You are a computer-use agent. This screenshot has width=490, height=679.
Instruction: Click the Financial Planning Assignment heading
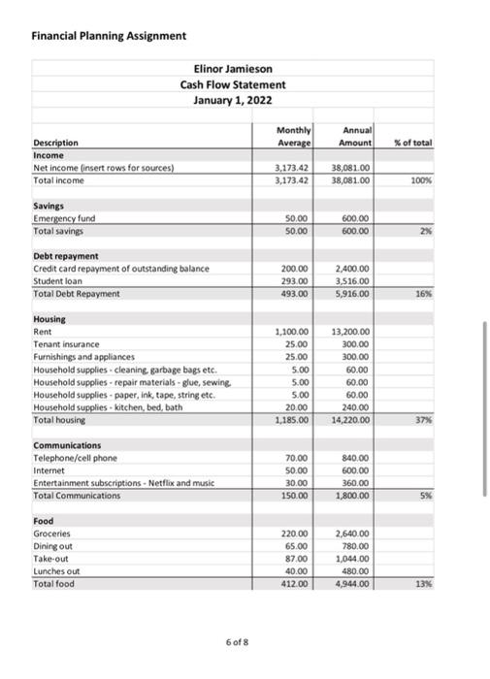pyautogui.click(x=109, y=35)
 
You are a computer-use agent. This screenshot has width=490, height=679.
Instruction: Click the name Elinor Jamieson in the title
pyautogui.click(x=234, y=69)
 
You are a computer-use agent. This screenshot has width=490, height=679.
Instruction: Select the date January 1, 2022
pyautogui.click(x=234, y=100)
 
